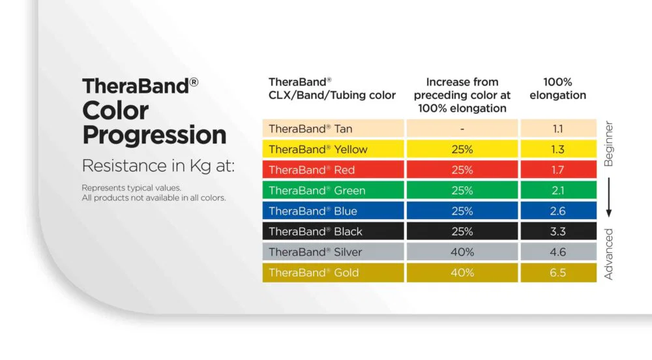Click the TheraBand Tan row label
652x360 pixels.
(310, 129)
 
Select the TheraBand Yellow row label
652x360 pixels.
(318, 149)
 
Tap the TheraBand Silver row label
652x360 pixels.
(315, 252)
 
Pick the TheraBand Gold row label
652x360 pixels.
(314, 273)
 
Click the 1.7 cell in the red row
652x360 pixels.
(557, 170)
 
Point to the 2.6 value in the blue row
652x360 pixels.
(557, 211)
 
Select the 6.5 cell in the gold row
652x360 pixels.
(557, 273)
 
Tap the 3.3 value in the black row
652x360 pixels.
(557, 232)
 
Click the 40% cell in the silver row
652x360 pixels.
(462, 252)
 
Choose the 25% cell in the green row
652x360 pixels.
(462, 190)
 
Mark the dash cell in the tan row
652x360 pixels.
(462, 129)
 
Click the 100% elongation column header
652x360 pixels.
(557, 89)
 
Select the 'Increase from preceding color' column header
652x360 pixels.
(462, 95)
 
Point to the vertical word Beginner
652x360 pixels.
(608, 144)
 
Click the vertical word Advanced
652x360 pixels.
(608, 254)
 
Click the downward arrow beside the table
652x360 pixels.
(609, 198)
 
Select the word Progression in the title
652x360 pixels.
(155, 135)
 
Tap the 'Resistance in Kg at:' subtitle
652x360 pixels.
(158, 166)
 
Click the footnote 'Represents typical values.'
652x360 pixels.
(132, 188)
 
